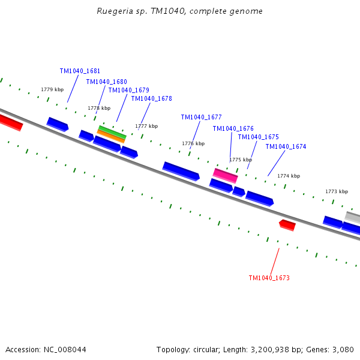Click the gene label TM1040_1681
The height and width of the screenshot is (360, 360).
pyautogui.click(x=80, y=71)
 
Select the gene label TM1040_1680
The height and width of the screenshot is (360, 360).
pyautogui.click(x=106, y=82)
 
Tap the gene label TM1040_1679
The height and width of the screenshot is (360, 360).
pyautogui.click(x=128, y=90)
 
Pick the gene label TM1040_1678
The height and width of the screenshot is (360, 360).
pyautogui.click(x=151, y=98)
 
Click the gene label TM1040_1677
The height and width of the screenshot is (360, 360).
pyautogui.click(x=201, y=117)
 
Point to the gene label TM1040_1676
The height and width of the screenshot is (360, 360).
pyautogui.click(x=233, y=128)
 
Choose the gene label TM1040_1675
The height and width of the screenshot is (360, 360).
pyautogui.click(x=258, y=137)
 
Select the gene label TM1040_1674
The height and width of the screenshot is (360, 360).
pyautogui.click(x=286, y=146)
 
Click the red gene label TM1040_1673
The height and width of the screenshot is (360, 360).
pyautogui.click(x=269, y=278)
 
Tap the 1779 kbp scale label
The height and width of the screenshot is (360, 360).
pyautogui.click(x=52, y=89)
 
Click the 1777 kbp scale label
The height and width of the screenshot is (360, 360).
pyautogui.click(x=146, y=126)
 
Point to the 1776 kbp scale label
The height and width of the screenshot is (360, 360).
pyautogui.click(x=193, y=143)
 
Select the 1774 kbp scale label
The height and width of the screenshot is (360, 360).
pyautogui.click(x=289, y=176)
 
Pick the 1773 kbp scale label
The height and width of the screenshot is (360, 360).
pyautogui.click(x=337, y=191)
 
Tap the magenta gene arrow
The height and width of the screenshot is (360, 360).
pyautogui.click(x=226, y=175)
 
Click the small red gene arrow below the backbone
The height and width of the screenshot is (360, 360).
pyautogui.click(x=287, y=224)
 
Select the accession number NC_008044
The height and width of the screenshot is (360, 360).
pyautogui.click(x=65, y=349)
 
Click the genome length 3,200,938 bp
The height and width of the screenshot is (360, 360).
pyautogui.click(x=263, y=349)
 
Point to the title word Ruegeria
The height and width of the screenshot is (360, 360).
pyautogui.click(x=112, y=11)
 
